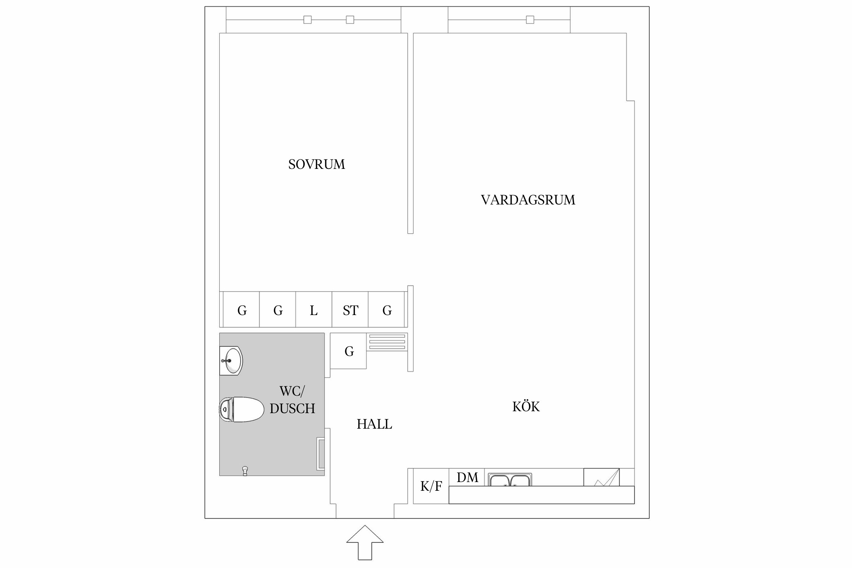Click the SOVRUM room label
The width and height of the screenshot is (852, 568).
point(317,164)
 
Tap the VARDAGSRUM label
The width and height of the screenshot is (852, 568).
point(528,200)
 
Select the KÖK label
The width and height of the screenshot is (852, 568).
point(526,407)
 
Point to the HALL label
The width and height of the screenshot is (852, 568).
point(374,424)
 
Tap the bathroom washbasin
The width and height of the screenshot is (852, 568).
point(231,361)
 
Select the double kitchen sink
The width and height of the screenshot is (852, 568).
point(510,479)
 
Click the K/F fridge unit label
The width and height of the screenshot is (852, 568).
point(431,486)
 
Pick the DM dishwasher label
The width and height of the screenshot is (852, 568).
point(467,477)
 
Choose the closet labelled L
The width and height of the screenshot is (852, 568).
point(314,311)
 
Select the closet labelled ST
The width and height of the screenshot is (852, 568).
point(350,311)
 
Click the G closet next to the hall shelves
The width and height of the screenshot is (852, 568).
point(349,351)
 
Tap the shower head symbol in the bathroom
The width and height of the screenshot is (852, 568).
point(245,470)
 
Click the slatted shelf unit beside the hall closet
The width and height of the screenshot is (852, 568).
point(387,342)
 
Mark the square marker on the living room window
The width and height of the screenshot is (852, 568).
point(530,20)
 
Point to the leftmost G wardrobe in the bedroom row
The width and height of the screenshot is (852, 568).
point(242,311)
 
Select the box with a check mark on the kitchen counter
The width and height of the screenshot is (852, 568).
point(601,477)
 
